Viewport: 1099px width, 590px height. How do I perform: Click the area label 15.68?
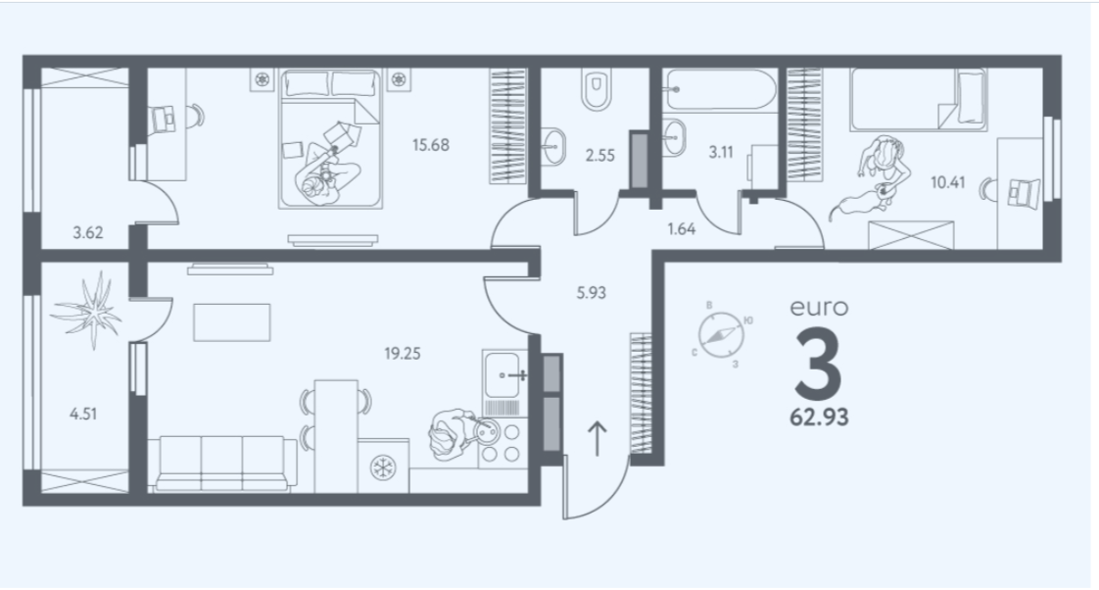[431, 145]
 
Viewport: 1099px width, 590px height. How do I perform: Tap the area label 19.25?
[402, 354]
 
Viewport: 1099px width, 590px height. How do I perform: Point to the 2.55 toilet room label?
[599, 154]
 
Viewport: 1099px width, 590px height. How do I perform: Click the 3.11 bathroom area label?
[723, 154]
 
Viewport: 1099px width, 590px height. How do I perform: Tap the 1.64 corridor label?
[682, 229]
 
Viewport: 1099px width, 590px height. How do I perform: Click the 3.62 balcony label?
[87, 233]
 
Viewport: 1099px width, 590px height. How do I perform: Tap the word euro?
[819, 307]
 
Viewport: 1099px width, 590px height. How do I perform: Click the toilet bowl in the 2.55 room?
[596, 90]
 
